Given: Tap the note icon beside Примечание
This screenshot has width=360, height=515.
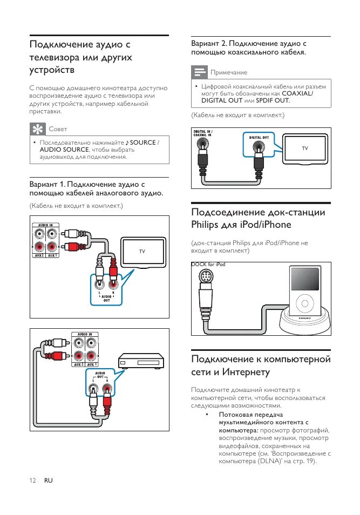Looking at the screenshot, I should point(200,72).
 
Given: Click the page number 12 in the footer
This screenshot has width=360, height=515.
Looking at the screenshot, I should point(32,480).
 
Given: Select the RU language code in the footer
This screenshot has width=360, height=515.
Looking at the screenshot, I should point(49,480).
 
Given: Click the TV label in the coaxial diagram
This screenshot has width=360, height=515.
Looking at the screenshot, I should point(305,147).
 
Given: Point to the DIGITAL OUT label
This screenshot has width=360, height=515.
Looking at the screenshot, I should point(259,138).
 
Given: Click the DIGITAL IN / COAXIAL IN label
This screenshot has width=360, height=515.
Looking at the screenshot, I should point(203,133).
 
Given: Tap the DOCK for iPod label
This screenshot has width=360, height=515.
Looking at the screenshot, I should point(208,265).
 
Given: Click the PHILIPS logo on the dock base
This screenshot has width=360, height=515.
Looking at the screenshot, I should point(304,326).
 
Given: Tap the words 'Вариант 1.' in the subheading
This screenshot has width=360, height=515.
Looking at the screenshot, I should point(47,184).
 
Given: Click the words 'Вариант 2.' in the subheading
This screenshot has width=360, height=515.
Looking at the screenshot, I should point(209,43).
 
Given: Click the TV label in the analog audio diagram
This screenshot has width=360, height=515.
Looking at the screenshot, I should point(142,252).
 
